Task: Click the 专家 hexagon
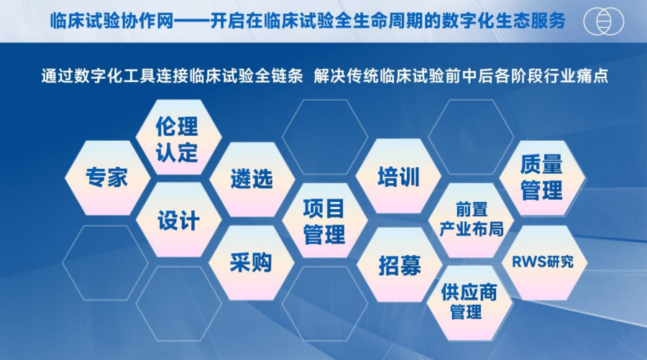pos(107,177)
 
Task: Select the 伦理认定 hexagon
pos(178,137)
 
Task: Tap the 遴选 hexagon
pos(252,180)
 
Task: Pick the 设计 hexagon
pos(178,220)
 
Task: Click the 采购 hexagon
pos(252,263)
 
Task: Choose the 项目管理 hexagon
pos(325,221)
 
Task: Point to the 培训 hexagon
pos(398,177)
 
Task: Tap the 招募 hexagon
pos(400,264)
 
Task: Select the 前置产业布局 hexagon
pos(471,221)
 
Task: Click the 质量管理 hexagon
pos(542,177)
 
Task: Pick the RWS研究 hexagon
pos(544,262)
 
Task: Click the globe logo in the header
pos(604,21)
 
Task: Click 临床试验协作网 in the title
pos(112,21)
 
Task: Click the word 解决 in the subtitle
pos(329,76)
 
